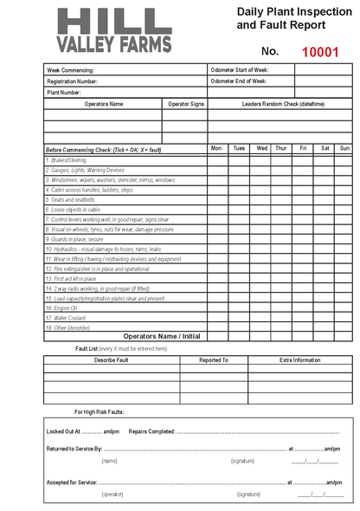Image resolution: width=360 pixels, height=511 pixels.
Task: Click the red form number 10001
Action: (320, 52)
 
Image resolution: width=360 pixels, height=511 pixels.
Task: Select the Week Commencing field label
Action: (70, 70)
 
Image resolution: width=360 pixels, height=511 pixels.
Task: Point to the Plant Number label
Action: (64, 92)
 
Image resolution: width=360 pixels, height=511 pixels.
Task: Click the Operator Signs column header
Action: (185, 104)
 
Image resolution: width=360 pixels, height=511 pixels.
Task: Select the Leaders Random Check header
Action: (270, 104)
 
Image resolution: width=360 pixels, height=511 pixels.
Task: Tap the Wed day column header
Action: (261, 148)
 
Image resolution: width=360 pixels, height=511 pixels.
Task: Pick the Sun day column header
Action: (344, 148)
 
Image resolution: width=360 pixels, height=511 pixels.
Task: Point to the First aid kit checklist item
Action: (70, 279)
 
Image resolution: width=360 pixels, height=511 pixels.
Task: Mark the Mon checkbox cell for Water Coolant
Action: (216, 318)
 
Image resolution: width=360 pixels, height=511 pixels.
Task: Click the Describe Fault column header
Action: (111, 359)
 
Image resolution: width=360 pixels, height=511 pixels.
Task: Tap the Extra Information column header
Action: (299, 359)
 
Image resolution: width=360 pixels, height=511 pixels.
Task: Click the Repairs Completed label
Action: (151, 430)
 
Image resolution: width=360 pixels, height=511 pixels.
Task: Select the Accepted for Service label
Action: (74, 482)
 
